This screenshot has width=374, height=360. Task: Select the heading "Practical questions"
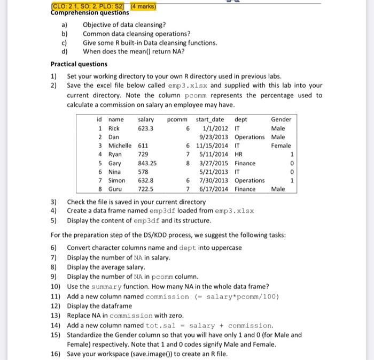(79, 64)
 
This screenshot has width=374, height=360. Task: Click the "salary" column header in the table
(146, 119)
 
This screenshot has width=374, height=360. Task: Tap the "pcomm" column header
(178, 119)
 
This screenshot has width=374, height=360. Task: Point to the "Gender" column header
(281, 119)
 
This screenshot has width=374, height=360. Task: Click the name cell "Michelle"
(120, 145)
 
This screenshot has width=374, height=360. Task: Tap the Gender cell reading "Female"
(281, 145)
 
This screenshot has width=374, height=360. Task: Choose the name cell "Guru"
(115, 189)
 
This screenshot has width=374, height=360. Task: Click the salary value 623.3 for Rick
(146, 128)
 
